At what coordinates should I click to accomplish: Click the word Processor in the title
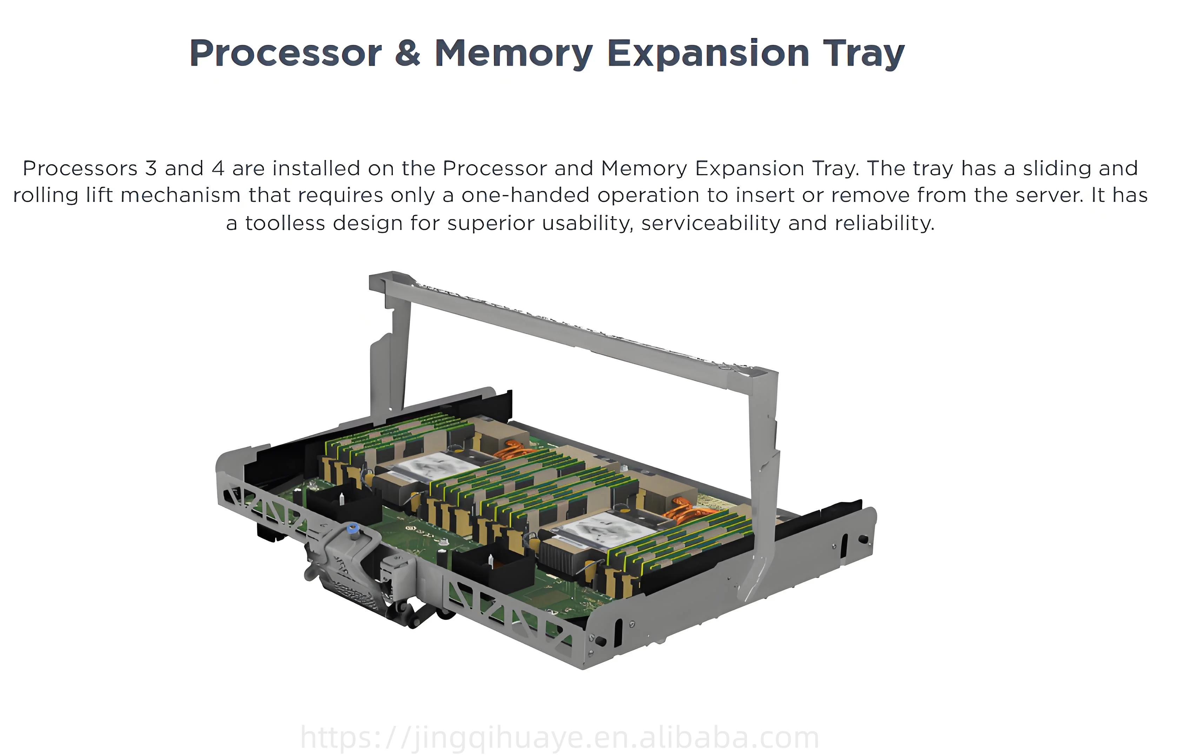(286, 53)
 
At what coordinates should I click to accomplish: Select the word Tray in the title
(863, 53)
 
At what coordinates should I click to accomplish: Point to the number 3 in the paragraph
(151, 169)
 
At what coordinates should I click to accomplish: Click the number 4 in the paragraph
(218, 169)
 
